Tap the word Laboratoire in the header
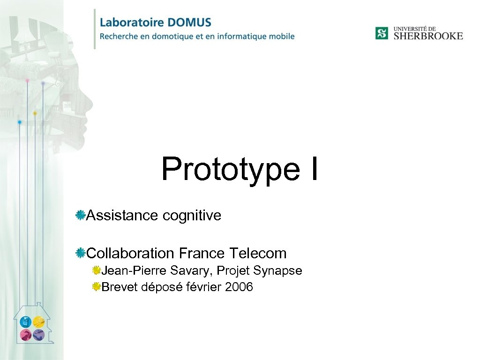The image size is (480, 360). [x=132, y=22]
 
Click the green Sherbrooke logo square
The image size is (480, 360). [x=382, y=33]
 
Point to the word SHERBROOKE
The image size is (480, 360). [x=428, y=36]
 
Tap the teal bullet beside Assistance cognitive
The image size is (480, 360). [x=80, y=215]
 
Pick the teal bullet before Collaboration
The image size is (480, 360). [x=80, y=253]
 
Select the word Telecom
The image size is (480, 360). [x=258, y=253]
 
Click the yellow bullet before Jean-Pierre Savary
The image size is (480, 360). [x=96, y=270]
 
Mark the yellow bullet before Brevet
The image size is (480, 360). [x=96, y=286]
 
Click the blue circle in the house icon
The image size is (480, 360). [x=26, y=322]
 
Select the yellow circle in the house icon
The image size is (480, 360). [x=38, y=322]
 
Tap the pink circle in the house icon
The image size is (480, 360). [x=26, y=335]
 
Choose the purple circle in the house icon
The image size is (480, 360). [x=38, y=335]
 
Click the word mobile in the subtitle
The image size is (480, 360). [x=282, y=36]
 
